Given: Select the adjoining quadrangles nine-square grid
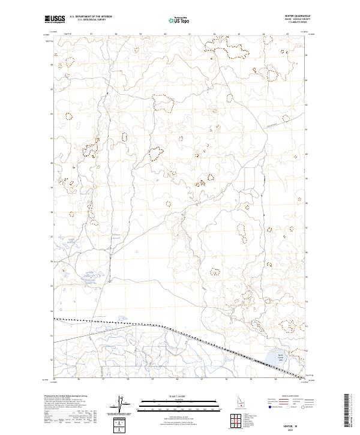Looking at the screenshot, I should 235,421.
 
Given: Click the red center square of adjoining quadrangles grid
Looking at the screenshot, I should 235,421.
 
